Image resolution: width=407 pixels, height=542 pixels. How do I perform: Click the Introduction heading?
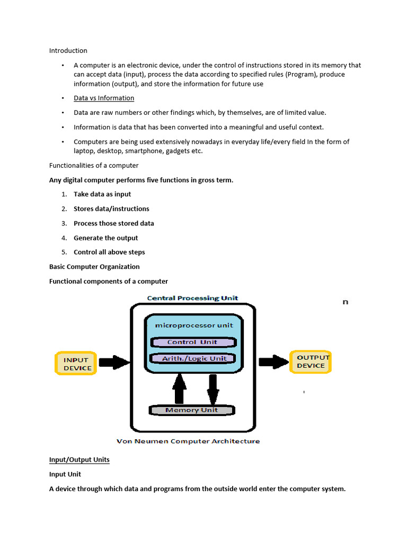(x=68, y=51)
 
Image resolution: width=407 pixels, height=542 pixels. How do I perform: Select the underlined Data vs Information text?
(x=104, y=98)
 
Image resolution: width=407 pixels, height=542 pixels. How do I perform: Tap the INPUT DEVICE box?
(x=76, y=364)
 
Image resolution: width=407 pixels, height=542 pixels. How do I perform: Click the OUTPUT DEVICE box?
(x=311, y=362)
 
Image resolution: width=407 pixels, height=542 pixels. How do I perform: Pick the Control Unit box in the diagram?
(x=192, y=342)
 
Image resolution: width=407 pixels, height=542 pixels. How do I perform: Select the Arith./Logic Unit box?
(x=193, y=358)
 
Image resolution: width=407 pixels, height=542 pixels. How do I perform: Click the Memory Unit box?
(x=191, y=410)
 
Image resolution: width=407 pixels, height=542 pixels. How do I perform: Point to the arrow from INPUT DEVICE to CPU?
(x=114, y=363)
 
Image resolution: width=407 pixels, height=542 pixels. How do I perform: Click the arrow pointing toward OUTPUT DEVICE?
(x=273, y=362)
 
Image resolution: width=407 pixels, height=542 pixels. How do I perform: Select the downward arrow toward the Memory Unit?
(x=213, y=389)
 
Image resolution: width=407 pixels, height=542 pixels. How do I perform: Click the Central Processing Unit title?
(x=192, y=298)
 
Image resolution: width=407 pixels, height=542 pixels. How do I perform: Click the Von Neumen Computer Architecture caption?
(x=188, y=441)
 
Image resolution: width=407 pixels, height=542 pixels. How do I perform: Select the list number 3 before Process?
(x=64, y=223)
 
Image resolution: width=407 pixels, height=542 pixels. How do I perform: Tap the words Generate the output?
(x=105, y=238)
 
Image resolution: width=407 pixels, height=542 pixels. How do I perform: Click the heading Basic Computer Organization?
(x=94, y=267)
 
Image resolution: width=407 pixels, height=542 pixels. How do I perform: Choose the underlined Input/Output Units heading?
(x=79, y=459)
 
